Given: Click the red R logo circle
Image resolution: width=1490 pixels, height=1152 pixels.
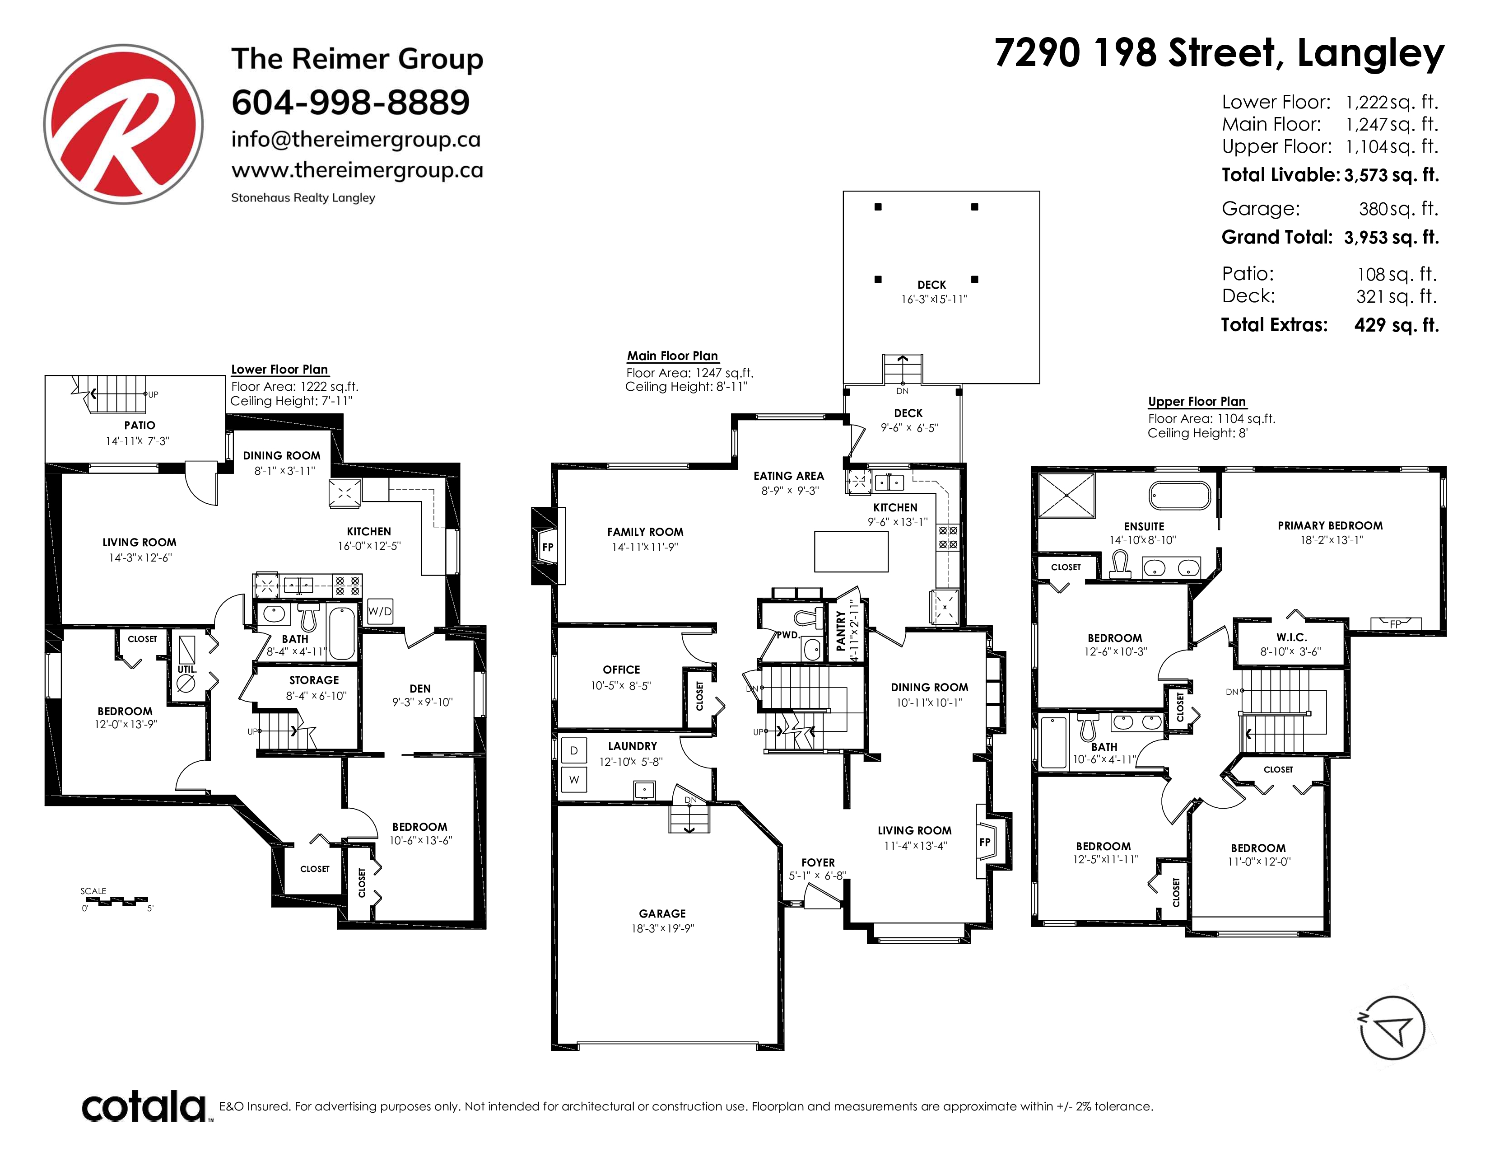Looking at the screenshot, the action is (123, 124).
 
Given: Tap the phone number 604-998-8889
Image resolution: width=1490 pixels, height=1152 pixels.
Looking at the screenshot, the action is (351, 103).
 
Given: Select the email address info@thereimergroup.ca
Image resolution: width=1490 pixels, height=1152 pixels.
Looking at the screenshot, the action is (356, 139).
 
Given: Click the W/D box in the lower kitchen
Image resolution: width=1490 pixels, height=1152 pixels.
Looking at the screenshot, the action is (380, 611).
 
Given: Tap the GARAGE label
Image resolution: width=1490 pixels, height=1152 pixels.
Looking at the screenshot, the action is (662, 913).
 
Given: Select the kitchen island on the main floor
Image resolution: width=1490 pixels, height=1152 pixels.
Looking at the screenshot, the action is (852, 552).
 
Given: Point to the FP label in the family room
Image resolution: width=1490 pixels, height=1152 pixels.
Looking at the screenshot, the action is (547, 547).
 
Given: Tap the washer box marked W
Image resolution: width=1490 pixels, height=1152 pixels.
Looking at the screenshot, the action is (574, 779).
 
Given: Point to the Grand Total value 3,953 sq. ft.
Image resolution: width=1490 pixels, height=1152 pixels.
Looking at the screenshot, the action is (1392, 238).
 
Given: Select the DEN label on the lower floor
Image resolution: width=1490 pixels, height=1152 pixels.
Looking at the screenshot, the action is (420, 688).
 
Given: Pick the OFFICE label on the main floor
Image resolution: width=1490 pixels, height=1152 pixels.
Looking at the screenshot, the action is (622, 670).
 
